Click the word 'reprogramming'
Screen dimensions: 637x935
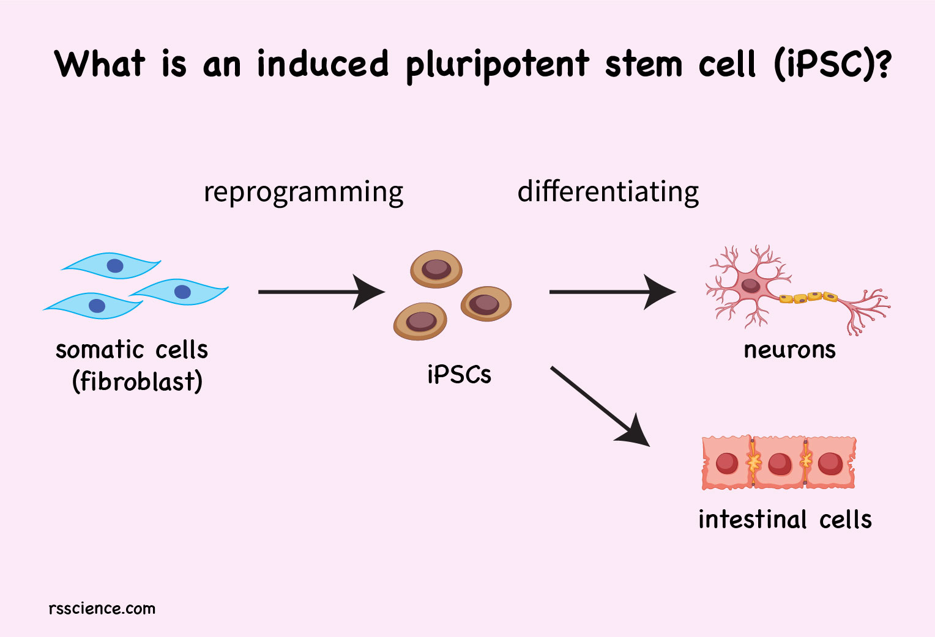coord(304,193)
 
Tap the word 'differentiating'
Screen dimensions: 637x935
coord(608,191)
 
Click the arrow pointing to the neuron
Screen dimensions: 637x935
coord(611,292)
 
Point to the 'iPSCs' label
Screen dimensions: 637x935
coord(459,375)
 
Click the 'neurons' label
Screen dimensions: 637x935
coord(789,350)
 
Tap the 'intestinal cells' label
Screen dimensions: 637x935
coord(784,520)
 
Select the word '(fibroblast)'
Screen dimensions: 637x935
coord(137,381)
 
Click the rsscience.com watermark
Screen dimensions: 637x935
coord(102,608)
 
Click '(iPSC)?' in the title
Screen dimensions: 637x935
coord(832,64)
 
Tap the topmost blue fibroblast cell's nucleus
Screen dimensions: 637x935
coord(115,265)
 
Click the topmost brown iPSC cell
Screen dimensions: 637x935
coord(436,269)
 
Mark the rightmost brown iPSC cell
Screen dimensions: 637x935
coord(486,303)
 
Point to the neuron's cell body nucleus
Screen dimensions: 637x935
coord(750,285)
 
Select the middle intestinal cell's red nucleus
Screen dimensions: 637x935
coord(780,463)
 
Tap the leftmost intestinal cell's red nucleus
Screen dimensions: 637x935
coord(727,463)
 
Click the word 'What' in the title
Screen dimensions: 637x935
coord(100,64)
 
